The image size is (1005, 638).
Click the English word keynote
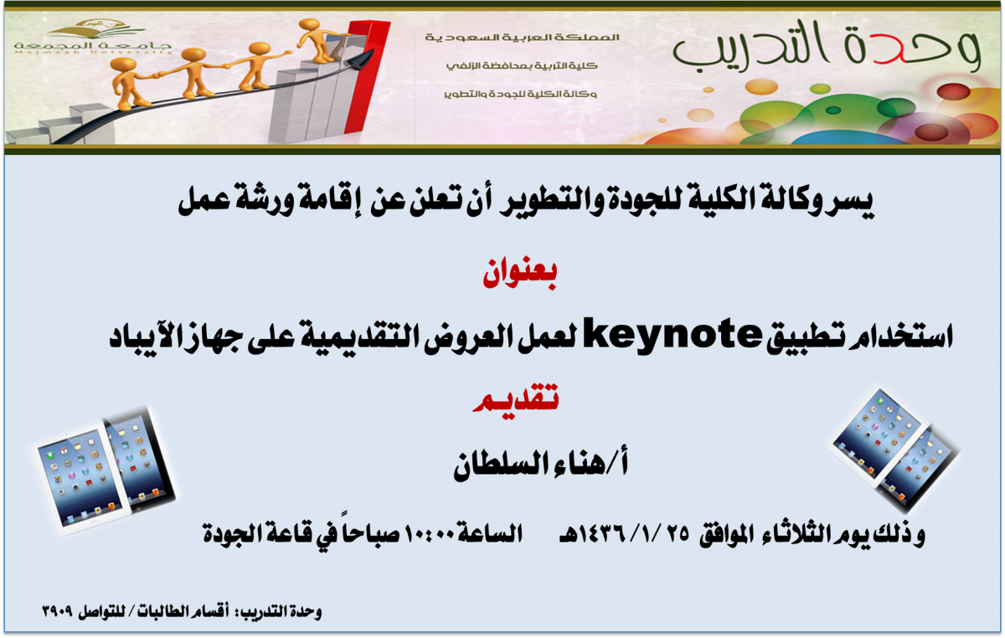tap(672, 336)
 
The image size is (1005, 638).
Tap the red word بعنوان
tap(519, 274)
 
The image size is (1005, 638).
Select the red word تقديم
tap(516, 399)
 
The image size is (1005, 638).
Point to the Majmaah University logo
tap(93, 37)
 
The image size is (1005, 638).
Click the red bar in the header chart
tap(367, 77)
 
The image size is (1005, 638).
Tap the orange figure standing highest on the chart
tap(319, 40)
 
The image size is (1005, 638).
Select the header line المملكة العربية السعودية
tap(523, 38)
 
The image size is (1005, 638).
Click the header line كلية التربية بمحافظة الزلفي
tap(522, 66)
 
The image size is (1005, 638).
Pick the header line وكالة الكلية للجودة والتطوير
tap(520, 95)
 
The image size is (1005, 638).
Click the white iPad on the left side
tap(80, 479)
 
